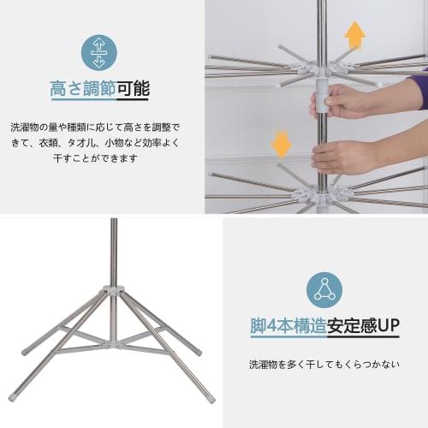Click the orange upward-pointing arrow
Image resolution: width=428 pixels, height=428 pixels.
point(354,35)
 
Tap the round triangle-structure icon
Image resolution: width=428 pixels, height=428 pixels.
point(323,288)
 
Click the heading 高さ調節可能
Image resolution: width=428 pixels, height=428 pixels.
point(98,89)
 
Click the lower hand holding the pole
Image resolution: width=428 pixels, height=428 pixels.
point(342,156)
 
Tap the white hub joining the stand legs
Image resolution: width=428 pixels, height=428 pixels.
point(112,294)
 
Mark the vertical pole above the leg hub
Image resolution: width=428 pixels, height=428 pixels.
point(113,253)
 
